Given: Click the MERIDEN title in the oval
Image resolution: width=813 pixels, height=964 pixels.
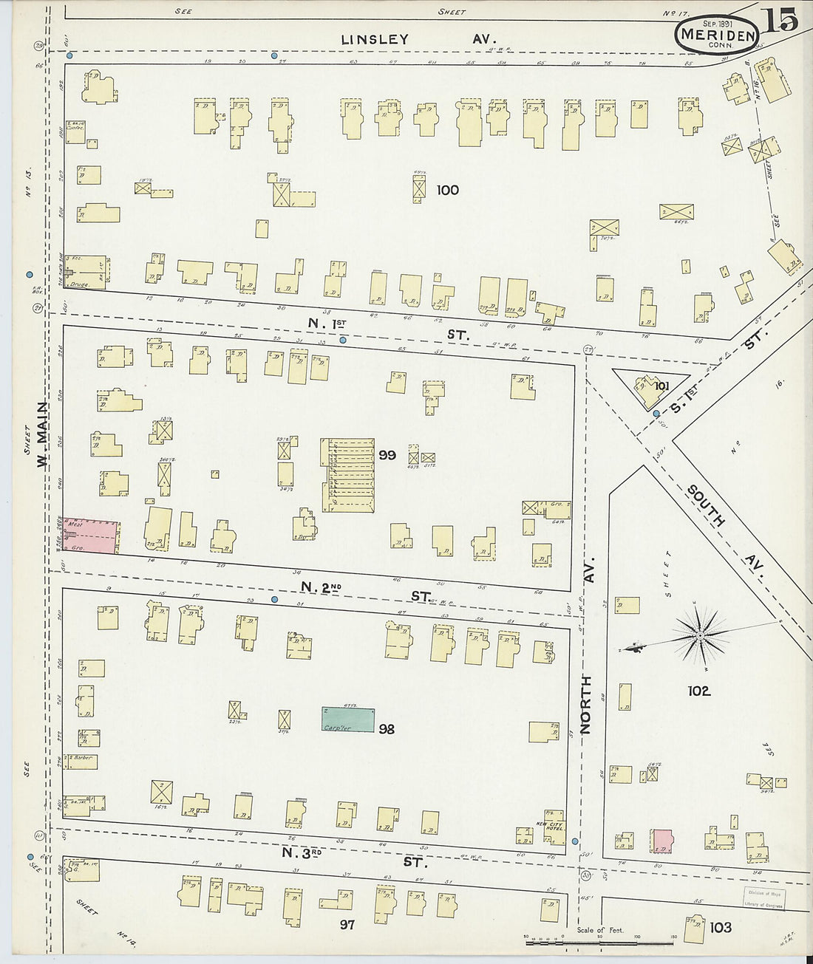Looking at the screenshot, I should (718, 35).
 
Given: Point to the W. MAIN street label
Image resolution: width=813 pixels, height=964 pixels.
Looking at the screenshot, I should (43, 434).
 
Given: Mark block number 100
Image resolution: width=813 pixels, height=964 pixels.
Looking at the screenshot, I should (447, 190).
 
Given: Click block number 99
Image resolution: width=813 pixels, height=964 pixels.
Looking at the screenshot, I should (387, 455).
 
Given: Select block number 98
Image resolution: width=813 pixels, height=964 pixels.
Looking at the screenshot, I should (386, 729).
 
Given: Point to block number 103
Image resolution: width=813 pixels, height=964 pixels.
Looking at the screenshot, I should (720, 927).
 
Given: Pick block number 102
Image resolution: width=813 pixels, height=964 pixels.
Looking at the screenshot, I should (698, 691).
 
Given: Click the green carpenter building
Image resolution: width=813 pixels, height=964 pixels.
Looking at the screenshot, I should (347, 719).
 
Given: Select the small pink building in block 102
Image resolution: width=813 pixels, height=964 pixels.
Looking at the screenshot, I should (662, 841).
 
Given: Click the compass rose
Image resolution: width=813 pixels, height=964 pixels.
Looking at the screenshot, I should (699, 635).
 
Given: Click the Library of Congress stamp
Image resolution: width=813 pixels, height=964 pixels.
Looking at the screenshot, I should (763, 898).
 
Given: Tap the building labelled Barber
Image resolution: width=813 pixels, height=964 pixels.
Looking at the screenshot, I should (81, 761).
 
